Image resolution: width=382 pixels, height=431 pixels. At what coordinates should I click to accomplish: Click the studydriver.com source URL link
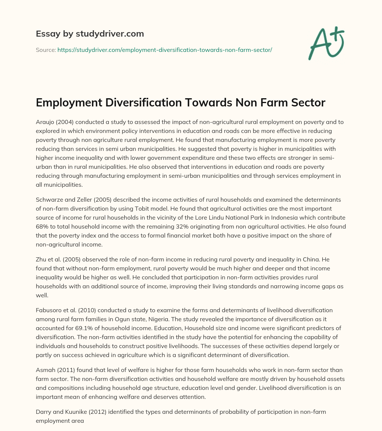pyautogui.click(x=165, y=50)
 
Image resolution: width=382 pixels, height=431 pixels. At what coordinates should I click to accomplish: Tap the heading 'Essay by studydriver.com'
pyautogui.click(x=90, y=34)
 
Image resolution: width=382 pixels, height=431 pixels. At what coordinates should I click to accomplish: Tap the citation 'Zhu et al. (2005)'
pyautogui.click(x=57, y=259)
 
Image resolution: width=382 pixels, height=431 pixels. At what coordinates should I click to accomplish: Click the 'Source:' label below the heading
pyautogui.click(x=46, y=50)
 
